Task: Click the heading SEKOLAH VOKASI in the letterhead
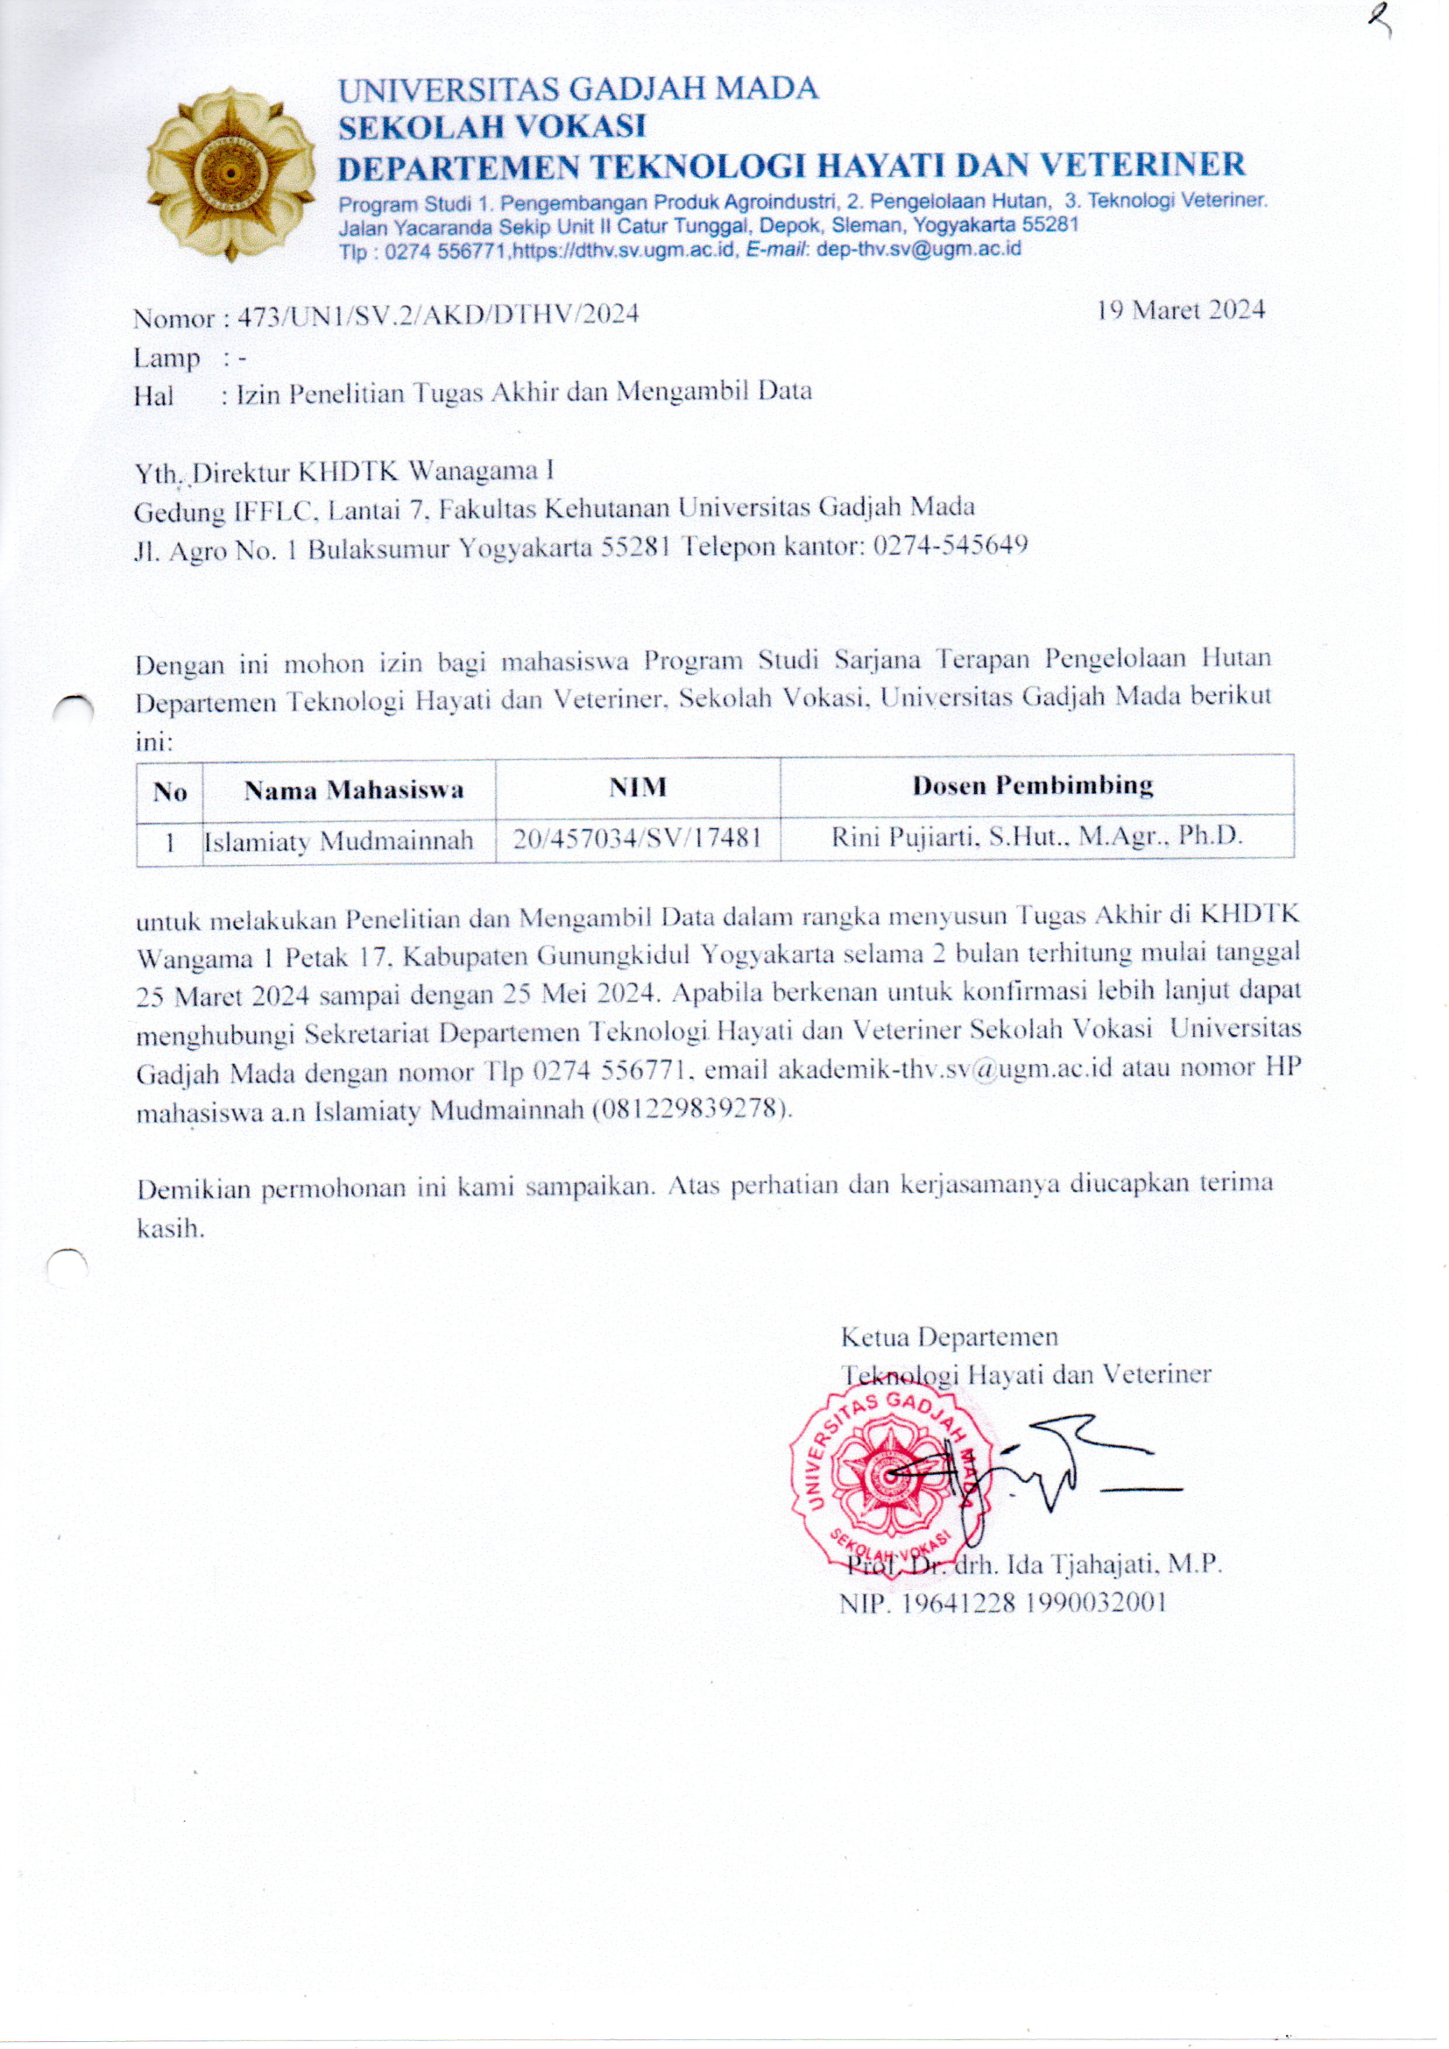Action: (491, 127)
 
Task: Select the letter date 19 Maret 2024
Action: (1180, 309)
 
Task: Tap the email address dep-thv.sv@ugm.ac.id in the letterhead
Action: (919, 249)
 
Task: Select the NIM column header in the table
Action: (637, 787)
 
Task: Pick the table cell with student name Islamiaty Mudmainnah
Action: (339, 840)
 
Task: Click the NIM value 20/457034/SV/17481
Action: (637, 838)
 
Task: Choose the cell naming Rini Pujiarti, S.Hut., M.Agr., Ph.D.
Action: (1036, 836)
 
